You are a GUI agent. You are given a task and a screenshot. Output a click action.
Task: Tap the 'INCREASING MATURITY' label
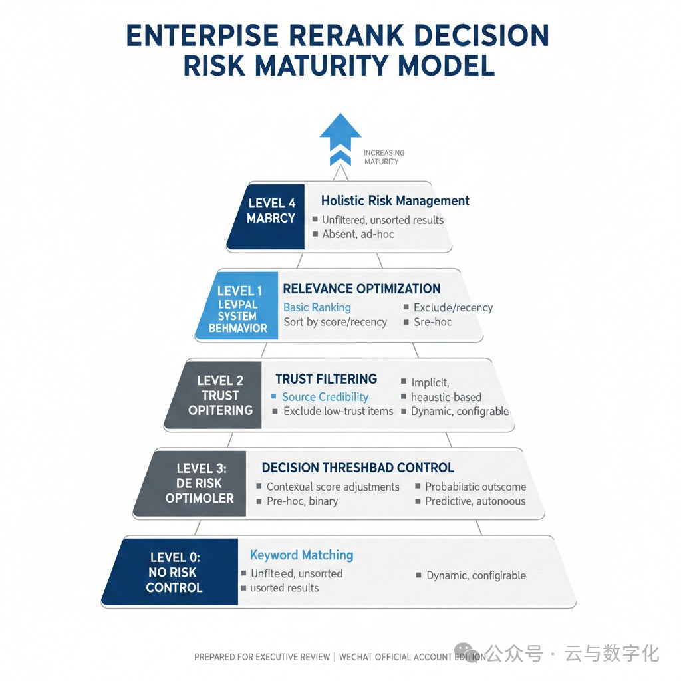click(x=384, y=157)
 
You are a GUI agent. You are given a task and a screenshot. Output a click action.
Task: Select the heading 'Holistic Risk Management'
click(x=395, y=200)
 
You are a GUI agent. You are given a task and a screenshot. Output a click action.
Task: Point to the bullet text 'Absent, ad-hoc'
click(x=358, y=235)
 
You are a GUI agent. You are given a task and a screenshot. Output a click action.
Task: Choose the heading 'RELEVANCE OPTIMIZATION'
click(x=361, y=289)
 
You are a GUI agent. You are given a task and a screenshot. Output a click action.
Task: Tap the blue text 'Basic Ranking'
click(x=317, y=307)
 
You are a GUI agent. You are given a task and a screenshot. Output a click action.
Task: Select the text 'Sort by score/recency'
click(x=335, y=322)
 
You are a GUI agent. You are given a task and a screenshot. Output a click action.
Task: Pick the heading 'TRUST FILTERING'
click(x=326, y=379)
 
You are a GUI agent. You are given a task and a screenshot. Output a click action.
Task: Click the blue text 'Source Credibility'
click(x=325, y=397)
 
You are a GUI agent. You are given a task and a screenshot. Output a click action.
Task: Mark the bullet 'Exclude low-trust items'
click(x=338, y=412)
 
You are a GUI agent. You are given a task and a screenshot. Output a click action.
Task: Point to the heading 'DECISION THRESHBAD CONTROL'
click(x=358, y=468)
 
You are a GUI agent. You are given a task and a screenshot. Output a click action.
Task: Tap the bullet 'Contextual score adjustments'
click(x=333, y=487)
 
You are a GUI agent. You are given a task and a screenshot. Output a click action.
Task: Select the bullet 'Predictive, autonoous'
click(x=475, y=501)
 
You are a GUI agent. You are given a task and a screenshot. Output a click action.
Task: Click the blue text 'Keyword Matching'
click(x=301, y=555)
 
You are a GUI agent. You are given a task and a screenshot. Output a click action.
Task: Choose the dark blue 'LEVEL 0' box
click(x=174, y=572)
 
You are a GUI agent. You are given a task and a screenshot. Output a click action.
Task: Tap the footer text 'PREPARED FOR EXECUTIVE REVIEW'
click(x=262, y=657)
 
